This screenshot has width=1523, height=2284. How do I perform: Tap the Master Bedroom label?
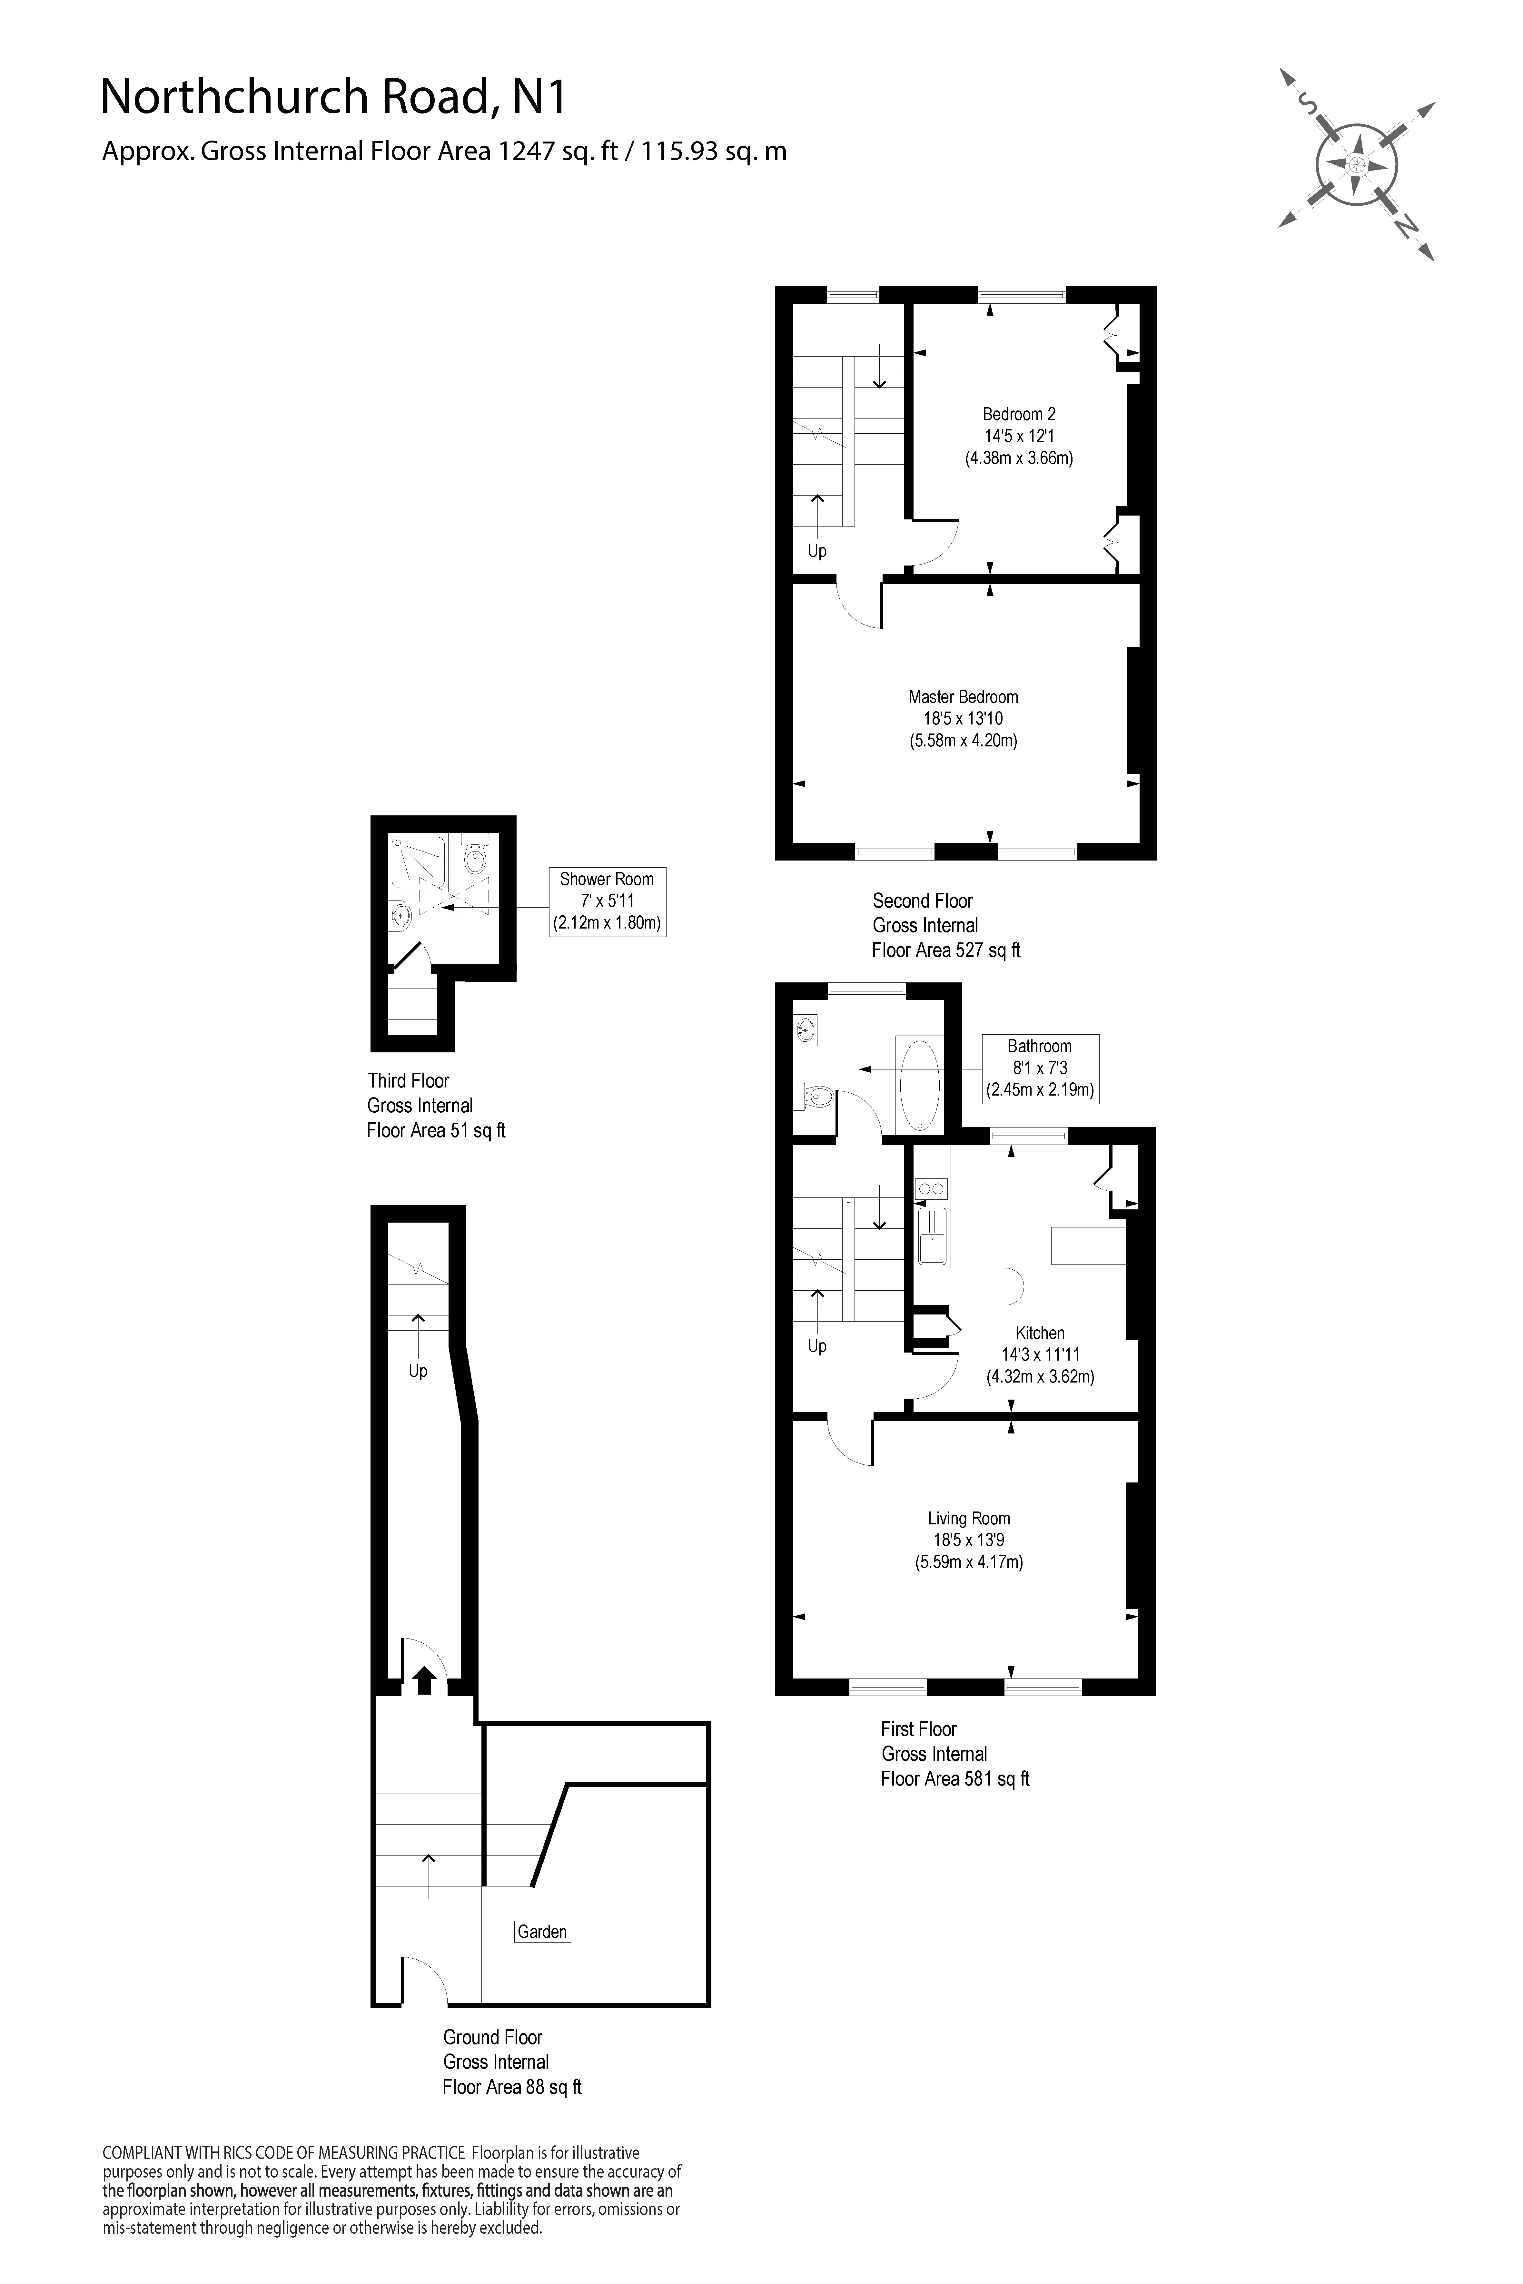point(963,696)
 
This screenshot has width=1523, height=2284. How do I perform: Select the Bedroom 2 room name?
point(1018,414)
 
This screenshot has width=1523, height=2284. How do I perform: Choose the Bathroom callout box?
point(1039,1067)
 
